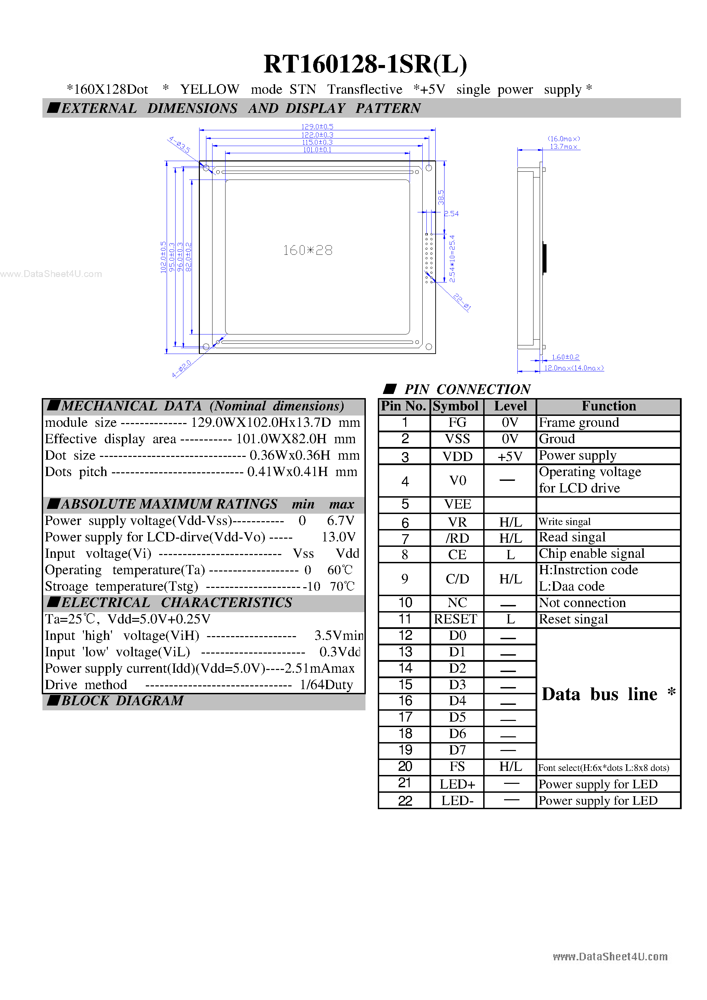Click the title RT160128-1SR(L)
365,64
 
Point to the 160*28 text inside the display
308,250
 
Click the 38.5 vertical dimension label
441,197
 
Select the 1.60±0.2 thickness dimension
565,357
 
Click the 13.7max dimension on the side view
563,147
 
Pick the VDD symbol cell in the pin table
457,456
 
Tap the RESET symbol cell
455,619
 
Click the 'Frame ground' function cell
579,422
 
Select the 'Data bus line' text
599,694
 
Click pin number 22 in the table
405,801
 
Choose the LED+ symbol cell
457,784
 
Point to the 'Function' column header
608,406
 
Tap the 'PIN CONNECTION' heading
467,389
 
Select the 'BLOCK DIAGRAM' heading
122,700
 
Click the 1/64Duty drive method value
326,685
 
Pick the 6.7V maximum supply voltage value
340,521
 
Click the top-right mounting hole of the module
428,168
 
